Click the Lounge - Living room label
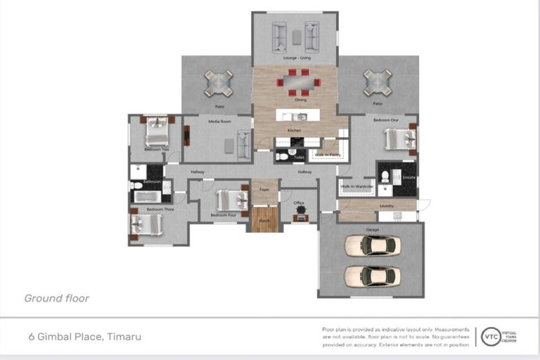(x=296, y=58)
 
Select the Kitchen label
(x=294, y=131)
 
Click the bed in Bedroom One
(x=399, y=139)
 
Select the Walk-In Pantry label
(x=328, y=154)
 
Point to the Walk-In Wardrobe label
(x=356, y=186)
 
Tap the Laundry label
(x=386, y=206)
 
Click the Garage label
(x=372, y=230)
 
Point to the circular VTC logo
(x=488, y=337)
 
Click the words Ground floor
(x=56, y=298)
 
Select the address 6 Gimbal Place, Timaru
(x=83, y=337)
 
